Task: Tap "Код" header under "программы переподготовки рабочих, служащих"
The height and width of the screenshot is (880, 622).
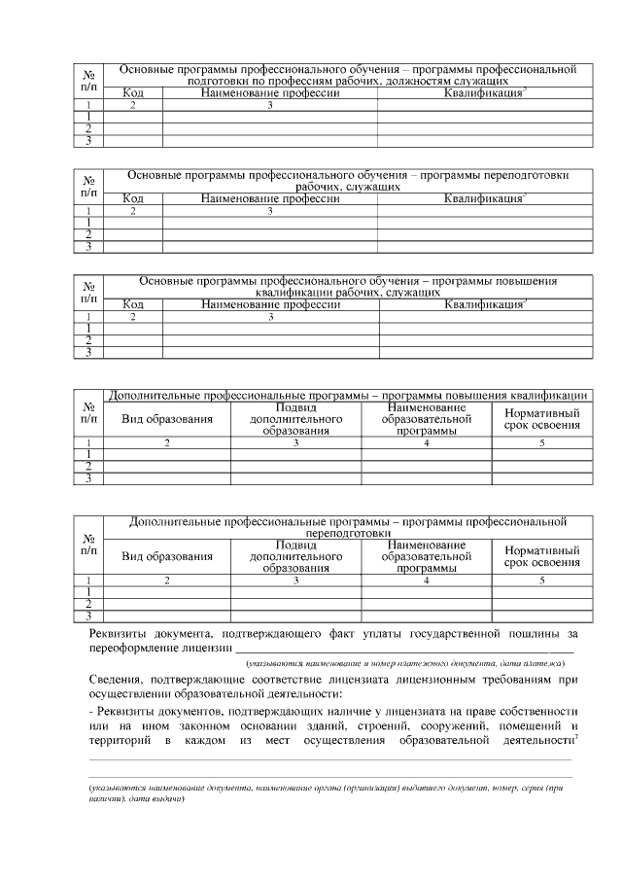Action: tap(133, 198)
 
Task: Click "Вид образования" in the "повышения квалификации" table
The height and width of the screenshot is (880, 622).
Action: tap(166, 419)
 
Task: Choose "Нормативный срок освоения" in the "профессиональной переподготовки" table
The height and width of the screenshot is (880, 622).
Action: tap(542, 556)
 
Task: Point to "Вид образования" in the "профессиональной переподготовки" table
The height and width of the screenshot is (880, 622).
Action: tap(166, 557)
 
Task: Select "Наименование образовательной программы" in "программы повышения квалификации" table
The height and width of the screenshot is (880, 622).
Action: tap(427, 419)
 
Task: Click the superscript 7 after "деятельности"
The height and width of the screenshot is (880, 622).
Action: tap(577, 738)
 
